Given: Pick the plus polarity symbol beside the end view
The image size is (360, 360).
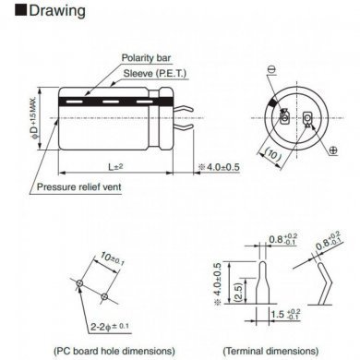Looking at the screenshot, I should (332, 150).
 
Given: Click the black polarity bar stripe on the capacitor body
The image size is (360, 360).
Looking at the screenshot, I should (111, 94).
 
